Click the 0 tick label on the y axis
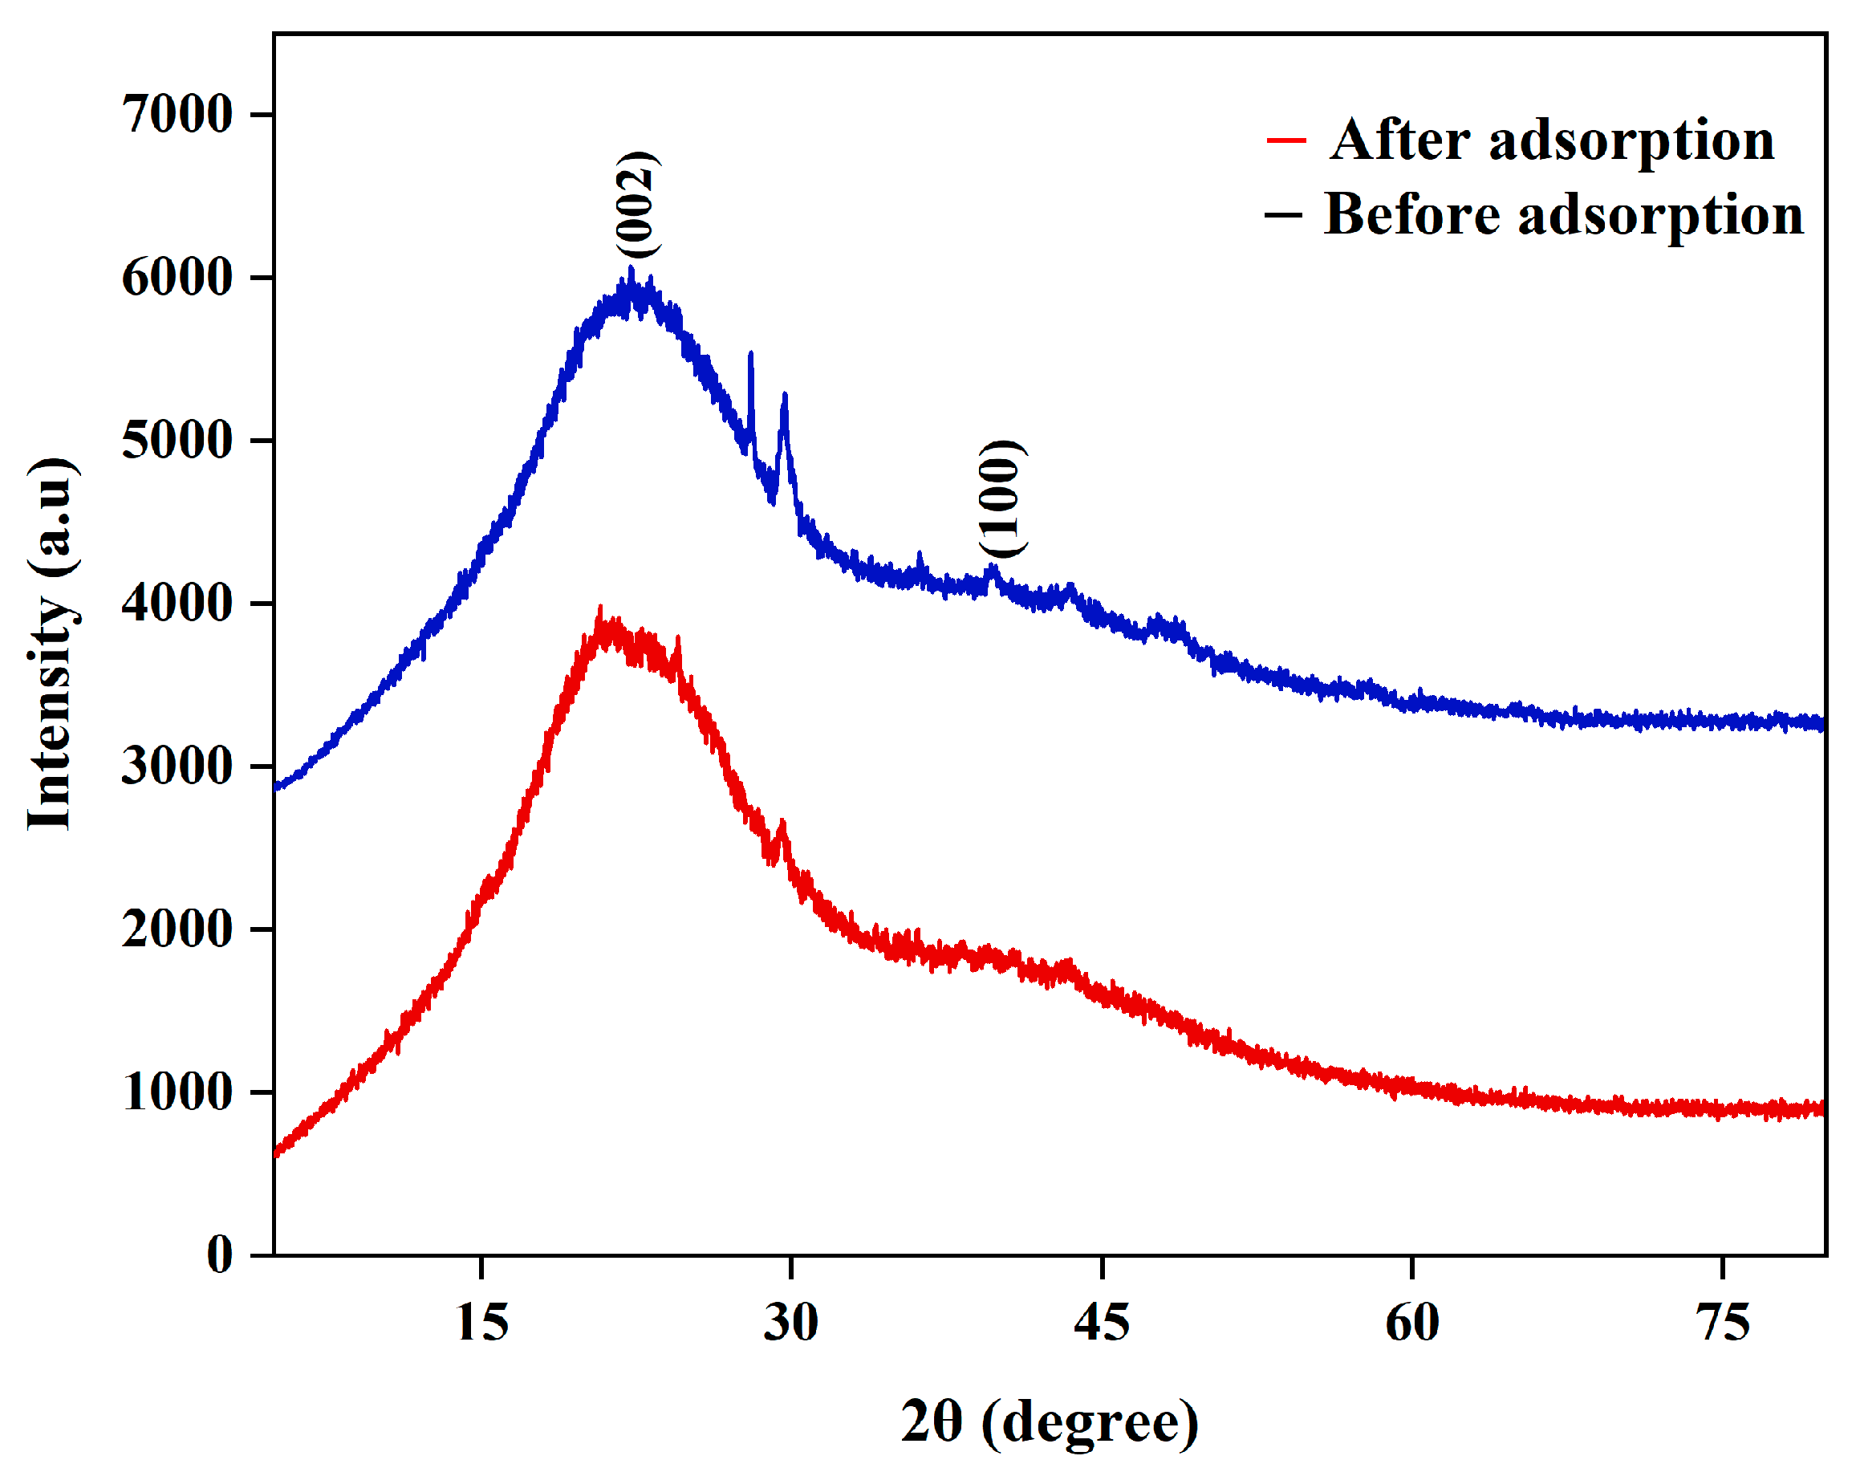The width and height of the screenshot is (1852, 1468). (220, 1255)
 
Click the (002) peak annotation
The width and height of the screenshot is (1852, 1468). (638, 205)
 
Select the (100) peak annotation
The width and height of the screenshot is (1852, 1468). (1001, 499)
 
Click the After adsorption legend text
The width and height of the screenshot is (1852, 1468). (1552, 139)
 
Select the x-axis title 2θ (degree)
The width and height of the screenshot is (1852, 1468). (1050, 1423)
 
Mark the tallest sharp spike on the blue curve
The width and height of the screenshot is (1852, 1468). (751, 353)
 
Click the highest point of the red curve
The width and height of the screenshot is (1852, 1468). (599, 608)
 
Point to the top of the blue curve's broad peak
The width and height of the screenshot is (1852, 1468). (632, 269)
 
